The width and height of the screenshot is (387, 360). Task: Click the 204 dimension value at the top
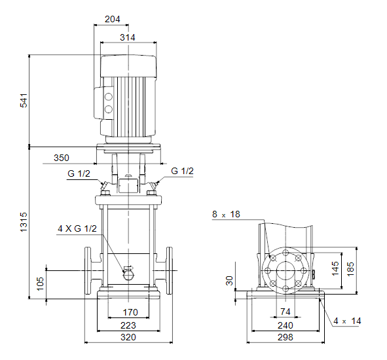tap(112, 19)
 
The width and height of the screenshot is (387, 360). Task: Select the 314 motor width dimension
tap(127, 37)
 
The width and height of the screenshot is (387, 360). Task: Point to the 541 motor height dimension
tap(24, 100)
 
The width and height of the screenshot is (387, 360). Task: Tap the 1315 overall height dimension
tap(24, 222)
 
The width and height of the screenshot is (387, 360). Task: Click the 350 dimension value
tap(62, 158)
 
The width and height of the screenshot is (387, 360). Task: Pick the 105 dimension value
tap(40, 283)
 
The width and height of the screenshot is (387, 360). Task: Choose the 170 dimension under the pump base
tap(130, 312)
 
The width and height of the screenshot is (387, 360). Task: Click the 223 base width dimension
tap(128, 325)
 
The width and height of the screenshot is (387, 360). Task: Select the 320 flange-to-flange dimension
tap(128, 337)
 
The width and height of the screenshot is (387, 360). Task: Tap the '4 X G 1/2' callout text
tap(77, 228)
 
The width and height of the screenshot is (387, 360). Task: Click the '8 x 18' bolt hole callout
tap(226, 214)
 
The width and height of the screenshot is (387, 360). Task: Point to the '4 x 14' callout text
tap(347, 321)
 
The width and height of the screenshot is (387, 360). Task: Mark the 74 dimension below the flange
tap(285, 312)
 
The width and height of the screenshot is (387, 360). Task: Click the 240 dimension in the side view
tap(285, 325)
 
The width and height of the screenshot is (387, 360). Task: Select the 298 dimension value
tap(285, 337)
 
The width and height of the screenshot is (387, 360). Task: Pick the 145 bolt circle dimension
tap(335, 268)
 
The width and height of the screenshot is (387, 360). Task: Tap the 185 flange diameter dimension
tap(350, 269)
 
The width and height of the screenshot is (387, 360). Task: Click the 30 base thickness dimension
tap(229, 281)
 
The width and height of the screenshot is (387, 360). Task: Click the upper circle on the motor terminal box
tap(108, 96)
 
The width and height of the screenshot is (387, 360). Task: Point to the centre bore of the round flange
tap(286, 271)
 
